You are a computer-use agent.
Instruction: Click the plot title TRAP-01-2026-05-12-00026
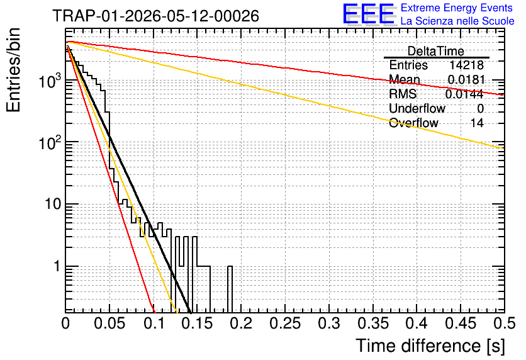pos(155,16)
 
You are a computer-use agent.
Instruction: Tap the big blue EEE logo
pos(369,14)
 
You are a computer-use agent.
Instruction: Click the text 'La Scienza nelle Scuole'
pos(457,21)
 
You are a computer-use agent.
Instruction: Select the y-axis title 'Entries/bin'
pos(13,70)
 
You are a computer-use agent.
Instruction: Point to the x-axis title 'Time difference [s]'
pos(430,346)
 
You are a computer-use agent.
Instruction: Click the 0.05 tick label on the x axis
pos(109,323)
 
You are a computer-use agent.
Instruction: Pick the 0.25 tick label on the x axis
pos(285,323)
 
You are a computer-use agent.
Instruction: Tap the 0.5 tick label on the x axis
pos(505,323)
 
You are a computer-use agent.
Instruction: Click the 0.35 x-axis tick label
pos(373,323)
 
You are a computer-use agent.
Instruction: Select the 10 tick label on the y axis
pos(53,204)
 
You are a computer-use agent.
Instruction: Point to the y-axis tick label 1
pos(57,266)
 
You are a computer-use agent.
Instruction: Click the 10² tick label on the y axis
pos(50,143)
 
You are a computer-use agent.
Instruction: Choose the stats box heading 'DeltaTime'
pos(436,51)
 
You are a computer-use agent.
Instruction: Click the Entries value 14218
pos(466,65)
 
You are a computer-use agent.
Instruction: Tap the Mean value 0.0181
pos(466,79)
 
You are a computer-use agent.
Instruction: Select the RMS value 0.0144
pos(464,94)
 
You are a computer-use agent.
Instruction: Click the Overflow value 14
pos(477,123)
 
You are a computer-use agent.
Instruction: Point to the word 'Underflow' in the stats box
pos(417,108)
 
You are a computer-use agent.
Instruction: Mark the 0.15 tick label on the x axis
pos(198,323)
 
